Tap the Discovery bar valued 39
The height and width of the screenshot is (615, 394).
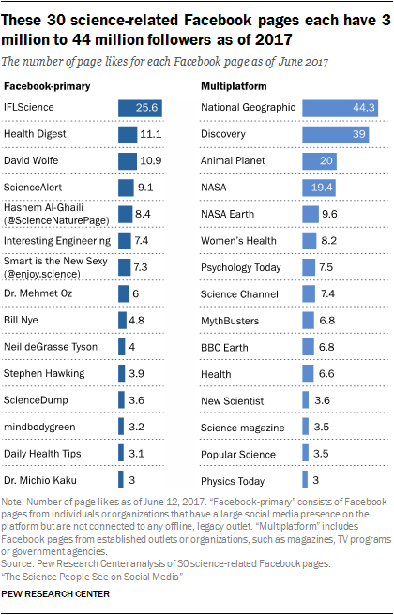click(x=340, y=135)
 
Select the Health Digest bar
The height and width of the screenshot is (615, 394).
click(x=128, y=135)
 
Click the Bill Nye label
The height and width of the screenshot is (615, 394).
click(x=23, y=347)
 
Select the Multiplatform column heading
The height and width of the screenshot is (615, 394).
click(x=234, y=84)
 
